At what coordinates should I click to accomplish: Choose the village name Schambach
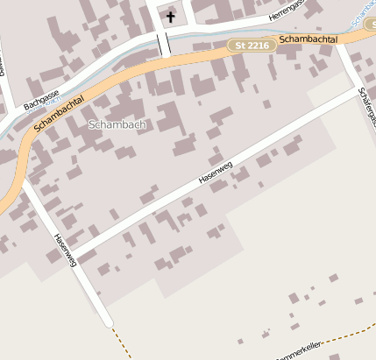(117, 125)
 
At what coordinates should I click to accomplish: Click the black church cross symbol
(170, 17)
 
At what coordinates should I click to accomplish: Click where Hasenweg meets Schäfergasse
(359, 89)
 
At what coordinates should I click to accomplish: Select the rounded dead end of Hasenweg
(108, 321)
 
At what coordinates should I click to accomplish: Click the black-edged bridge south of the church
(163, 43)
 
